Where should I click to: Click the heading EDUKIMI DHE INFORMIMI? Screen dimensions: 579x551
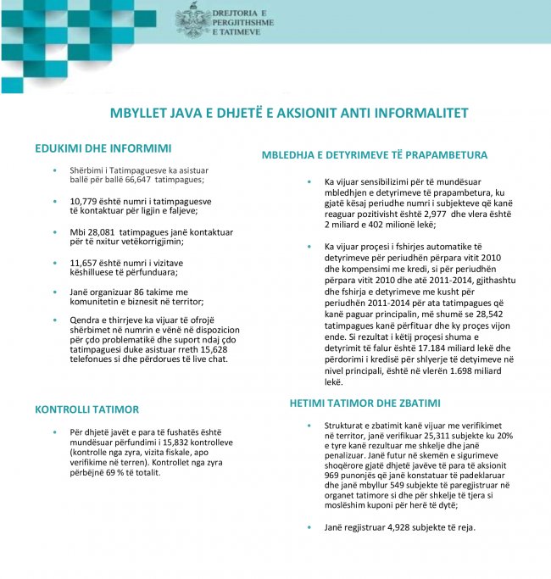tap(103, 148)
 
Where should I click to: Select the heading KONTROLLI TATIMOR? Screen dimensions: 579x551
tap(86, 409)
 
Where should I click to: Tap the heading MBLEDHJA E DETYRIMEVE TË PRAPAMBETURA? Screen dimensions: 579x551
tap(374, 156)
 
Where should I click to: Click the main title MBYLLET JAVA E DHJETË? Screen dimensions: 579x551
tap(289, 113)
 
